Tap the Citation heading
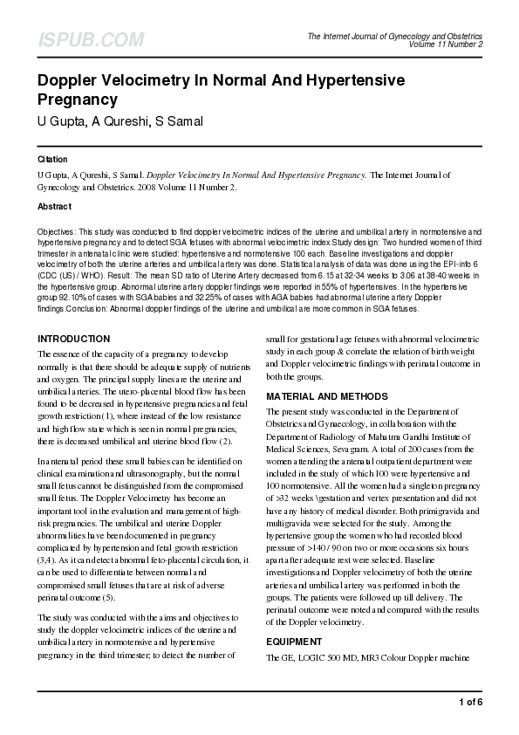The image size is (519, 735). [52, 161]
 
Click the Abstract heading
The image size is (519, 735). [54, 207]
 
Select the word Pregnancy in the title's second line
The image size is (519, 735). [78, 100]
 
